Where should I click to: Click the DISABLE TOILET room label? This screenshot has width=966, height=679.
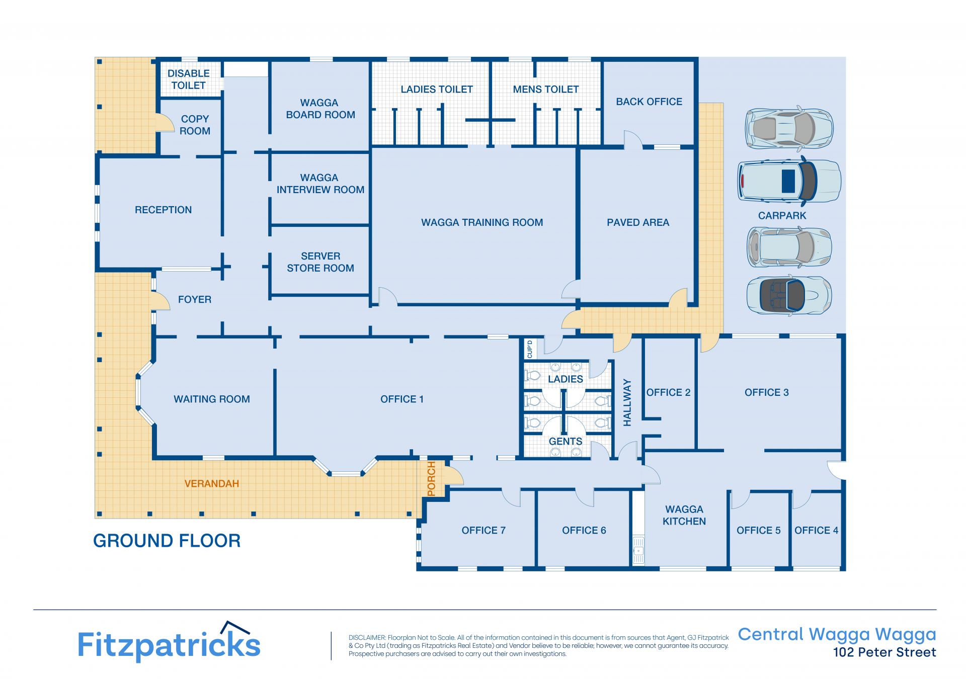[189, 79]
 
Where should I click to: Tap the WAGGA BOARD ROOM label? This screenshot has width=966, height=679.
[320, 109]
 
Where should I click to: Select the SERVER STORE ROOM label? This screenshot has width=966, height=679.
[320, 262]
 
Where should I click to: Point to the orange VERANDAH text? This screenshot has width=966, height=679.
[212, 484]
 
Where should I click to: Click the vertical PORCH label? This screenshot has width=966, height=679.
[431, 479]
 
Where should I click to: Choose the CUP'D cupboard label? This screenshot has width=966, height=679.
[529, 349]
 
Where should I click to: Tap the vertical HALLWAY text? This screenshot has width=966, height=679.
[627, 403]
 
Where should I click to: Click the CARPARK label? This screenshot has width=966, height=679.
[782, 216]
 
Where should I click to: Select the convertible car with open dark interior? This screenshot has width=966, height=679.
[789, 296]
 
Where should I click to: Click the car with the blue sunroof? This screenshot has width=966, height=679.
[789, 181]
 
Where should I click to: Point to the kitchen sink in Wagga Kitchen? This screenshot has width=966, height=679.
[638, 549]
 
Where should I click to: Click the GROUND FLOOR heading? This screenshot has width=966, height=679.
[167, 541]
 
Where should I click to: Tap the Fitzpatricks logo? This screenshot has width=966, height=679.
[169, 642]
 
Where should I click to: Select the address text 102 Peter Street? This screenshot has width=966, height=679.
[884, 653]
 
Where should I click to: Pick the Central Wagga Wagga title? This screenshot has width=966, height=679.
[837, 635]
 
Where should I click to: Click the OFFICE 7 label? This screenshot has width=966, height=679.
[484, 531]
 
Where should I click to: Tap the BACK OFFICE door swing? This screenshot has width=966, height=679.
[633, 139]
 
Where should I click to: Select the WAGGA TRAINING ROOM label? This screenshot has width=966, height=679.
[482, 223]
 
